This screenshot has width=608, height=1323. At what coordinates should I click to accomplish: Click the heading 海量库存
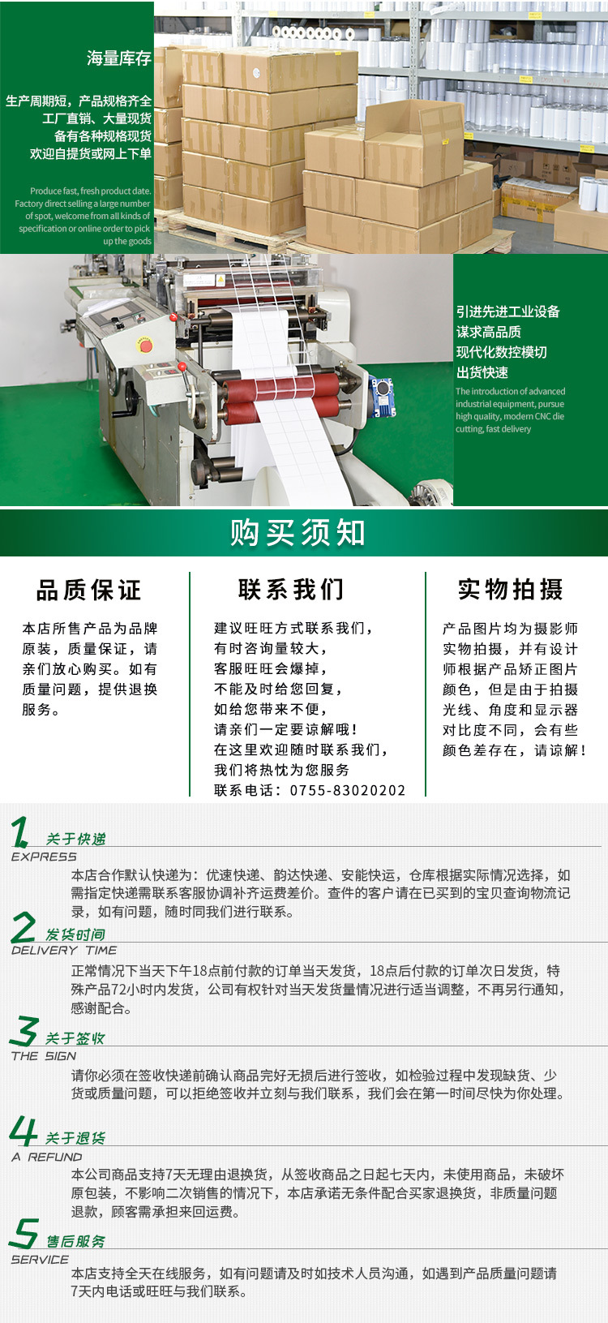[x=119, y=58]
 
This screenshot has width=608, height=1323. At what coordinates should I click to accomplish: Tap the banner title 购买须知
[x=298, y=533]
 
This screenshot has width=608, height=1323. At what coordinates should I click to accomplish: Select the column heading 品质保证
[x=89, y=590]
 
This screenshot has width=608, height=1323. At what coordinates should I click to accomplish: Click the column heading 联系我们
[x=291, y=589]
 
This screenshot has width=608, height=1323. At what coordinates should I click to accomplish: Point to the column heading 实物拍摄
[x=511, y=589]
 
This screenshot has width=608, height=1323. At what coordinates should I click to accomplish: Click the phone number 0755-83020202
[x=348, y=790]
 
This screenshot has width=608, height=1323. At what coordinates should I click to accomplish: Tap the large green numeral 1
[x=20, y=833]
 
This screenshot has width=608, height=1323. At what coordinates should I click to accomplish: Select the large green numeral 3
[x=24, y=1032]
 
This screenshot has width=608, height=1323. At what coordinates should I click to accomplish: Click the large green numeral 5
[x=24, y=1233]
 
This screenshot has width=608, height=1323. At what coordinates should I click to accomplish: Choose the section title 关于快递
[x=75, y=839]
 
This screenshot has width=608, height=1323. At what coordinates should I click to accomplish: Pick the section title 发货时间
[x=75, y=934]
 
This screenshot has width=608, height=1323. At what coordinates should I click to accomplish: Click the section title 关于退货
[x=75, y=1138]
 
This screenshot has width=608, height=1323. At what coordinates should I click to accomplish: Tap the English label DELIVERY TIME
[x=64, y=950]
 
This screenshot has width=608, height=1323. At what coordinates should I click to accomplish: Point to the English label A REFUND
[x=47, y=1157]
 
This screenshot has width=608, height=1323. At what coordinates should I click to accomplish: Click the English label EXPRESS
[x=44, y=857]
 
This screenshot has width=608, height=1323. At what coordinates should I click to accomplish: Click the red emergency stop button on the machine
[x=145, y=346]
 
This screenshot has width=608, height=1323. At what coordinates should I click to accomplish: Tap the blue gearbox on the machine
[x=382, y=395]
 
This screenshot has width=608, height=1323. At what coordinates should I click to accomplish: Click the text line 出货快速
[x=482, y=372]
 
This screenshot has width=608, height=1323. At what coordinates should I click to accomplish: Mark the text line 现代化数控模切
[x=501, y=352]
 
